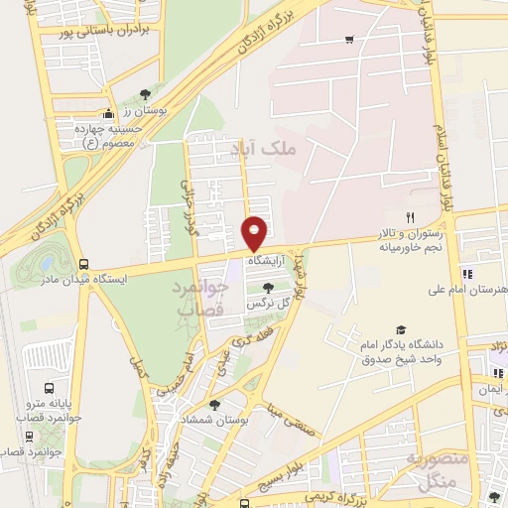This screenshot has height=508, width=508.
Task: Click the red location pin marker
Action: [255, 233]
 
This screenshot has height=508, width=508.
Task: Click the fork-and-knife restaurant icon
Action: [409, 217]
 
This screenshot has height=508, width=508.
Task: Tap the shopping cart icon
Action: [348, 40]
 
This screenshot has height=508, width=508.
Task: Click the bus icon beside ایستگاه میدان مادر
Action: [82, 265]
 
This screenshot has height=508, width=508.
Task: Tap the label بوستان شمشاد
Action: [215, 420]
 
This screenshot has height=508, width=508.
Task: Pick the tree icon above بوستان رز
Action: [146, 92]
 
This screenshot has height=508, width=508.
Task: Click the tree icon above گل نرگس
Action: [267, 287]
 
